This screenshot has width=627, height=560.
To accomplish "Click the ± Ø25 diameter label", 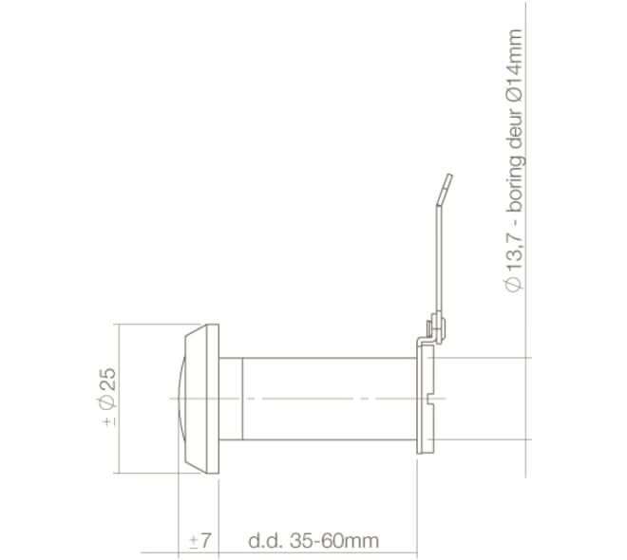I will pos(107,398).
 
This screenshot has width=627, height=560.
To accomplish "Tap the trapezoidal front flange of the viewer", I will pos(203,398).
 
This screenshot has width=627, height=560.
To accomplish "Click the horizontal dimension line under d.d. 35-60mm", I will pos(313,552).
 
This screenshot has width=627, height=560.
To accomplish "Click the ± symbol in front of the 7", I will pos(194,541).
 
